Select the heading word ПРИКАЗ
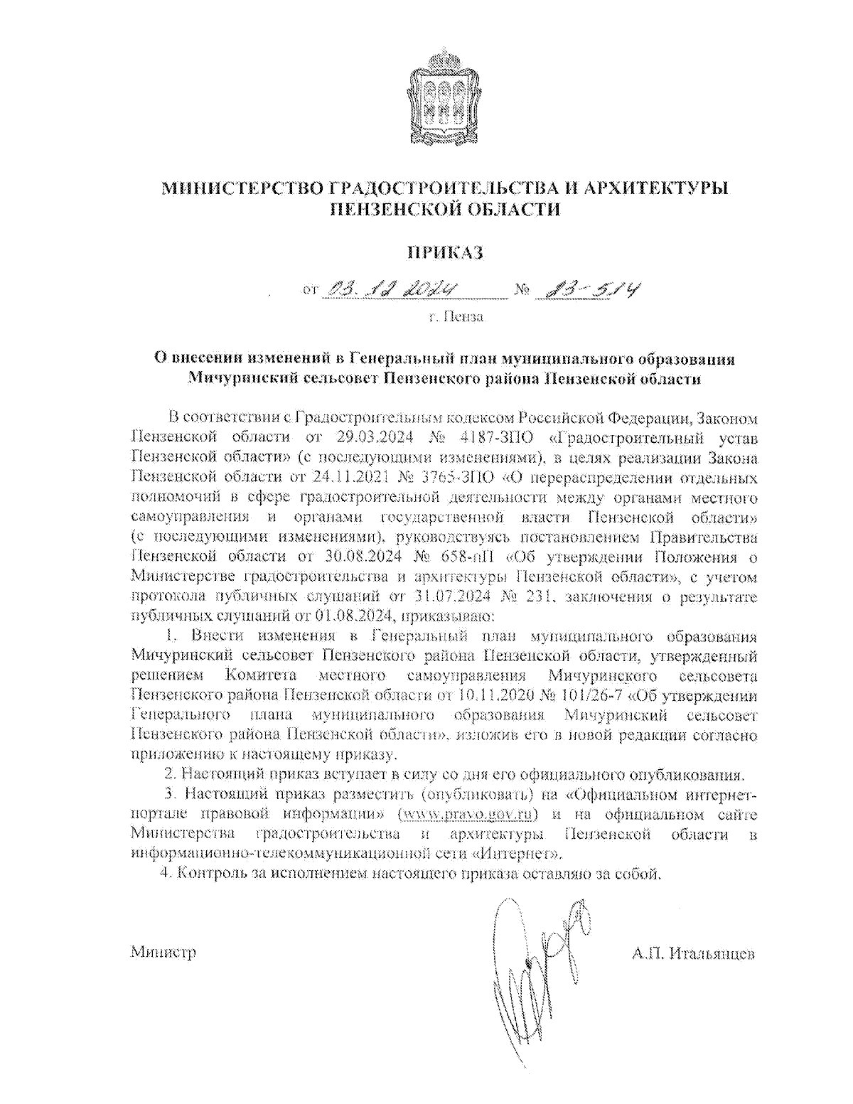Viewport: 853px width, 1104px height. [x=445, y=252]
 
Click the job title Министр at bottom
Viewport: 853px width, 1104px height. [x=163, y=953]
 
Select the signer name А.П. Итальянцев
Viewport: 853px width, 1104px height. [x=693, y=953]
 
